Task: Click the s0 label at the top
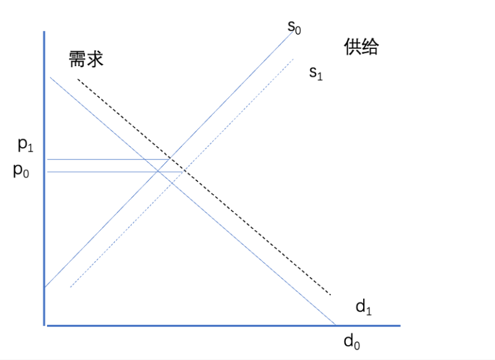pyautogui.click(x=295, y=27)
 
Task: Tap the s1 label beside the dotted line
pyautogui.click(x=316, y=73)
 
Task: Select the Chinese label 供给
pyautogui.click(x=361, y=47)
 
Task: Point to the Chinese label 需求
pyautogui.click(x=86, y=59)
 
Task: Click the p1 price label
pyautogui.click(x=25, y=145)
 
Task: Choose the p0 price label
pyautogui.click(x=21, y=171)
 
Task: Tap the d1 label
pyautogui.click(x=364, y=307)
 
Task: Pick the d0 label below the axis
pyautogui.click(x=351, y=341)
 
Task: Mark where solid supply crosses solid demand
pyautogui.click(x=158, y=171)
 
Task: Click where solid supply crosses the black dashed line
pyautogui.click(x=170, y=158)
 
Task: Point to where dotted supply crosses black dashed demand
pyautogui.click(x=184, y=170)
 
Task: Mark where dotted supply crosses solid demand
pyautogui.click(x=172, y=183)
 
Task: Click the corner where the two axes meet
pyautogui.click(x=44, y=325)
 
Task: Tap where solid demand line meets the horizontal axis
pyautogui.click(x=335, y=325)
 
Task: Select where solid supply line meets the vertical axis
pyautogui.click(x=45, y=287)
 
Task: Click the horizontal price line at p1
pyautogui.click(x=109, y=160)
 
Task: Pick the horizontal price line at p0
pyautogui.click(x=115, y=172)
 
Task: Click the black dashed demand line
pyautogui.click(x=204, y=187)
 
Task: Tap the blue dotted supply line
pyautogui.click(x=182, y=173)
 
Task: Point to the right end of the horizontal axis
pyautogui.click(x=400, y=325)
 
